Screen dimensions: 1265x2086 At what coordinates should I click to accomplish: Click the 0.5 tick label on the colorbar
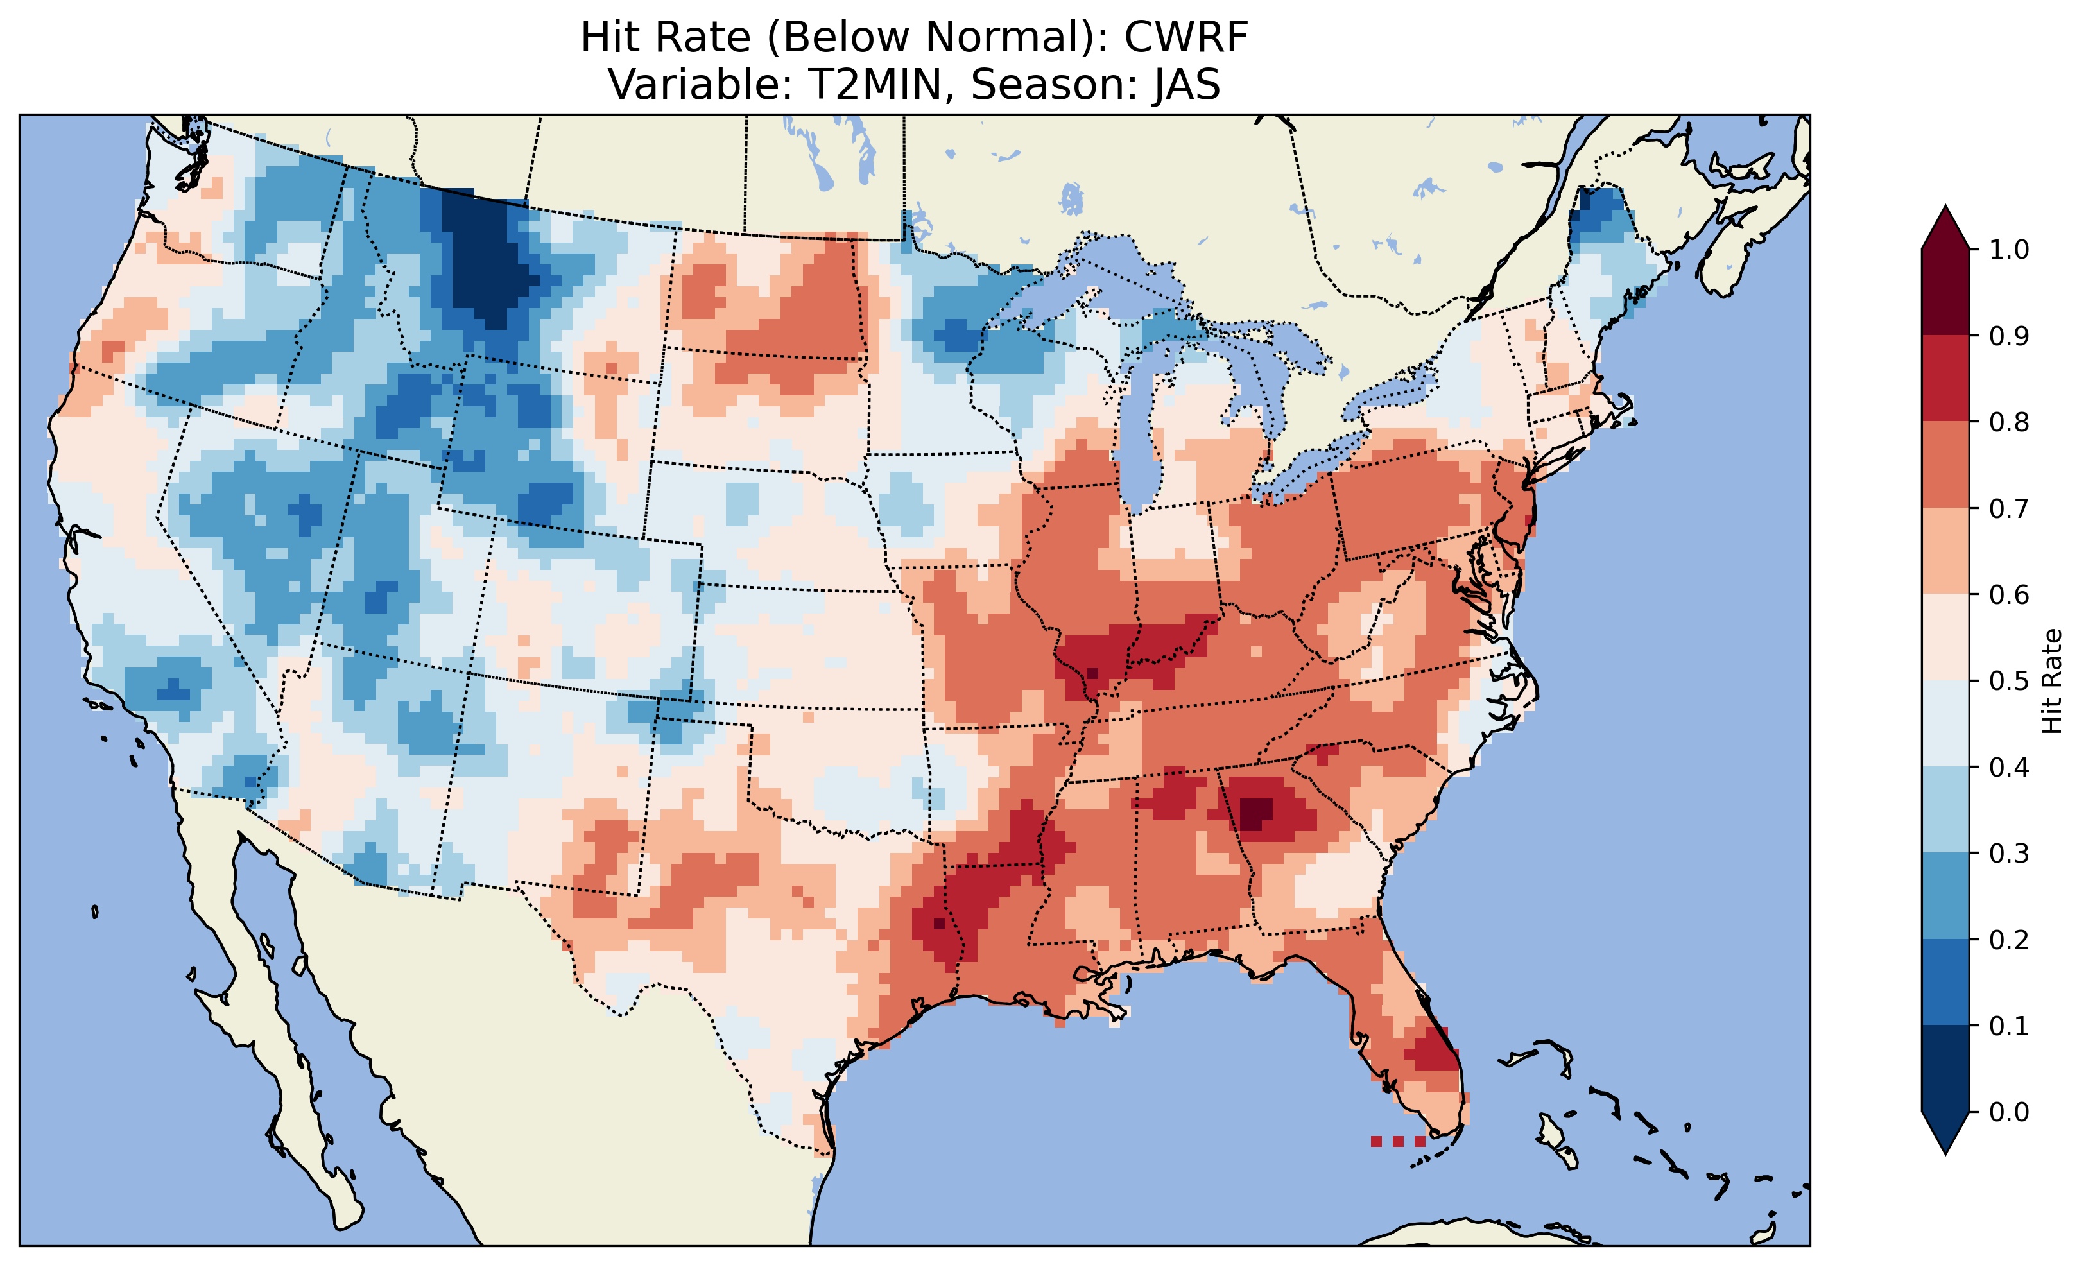tap(2009, 681)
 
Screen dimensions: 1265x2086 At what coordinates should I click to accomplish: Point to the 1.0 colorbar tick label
tap(2009, 250)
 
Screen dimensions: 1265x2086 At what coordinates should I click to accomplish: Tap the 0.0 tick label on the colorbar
tap(2009, 1112)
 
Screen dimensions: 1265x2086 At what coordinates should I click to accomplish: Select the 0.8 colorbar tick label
tap(2009, 422)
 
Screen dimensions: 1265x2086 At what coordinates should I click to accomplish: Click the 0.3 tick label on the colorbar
tap(2009, 854)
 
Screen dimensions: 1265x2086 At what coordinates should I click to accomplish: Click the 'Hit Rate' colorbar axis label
tap(2051, 681)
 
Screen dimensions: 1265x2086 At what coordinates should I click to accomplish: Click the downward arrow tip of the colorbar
tap(1945, 1151)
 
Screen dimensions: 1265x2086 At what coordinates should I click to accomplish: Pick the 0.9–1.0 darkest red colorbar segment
tap(1945, 292)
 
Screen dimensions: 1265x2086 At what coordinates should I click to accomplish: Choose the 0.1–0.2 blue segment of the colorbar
tap(1945, 982)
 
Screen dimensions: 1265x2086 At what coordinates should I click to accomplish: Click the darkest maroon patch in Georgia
tap(1255, 814)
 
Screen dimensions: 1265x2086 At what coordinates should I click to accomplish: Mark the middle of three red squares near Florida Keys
tap(1398, 1141)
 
